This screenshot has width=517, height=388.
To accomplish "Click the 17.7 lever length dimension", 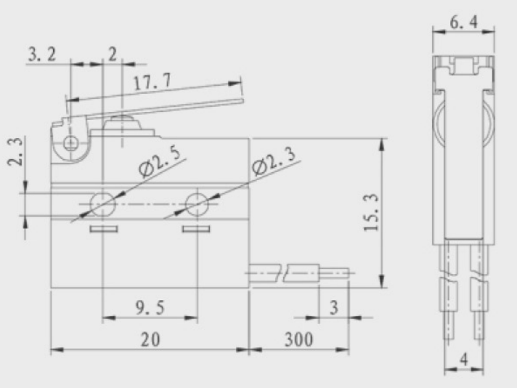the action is (x=152, y=81).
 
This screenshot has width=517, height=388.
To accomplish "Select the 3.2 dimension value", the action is (x=42, y=54).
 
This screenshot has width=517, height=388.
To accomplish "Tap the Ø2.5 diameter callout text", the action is (x=160, y=161).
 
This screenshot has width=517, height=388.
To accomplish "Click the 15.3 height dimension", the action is (x=371, y=213).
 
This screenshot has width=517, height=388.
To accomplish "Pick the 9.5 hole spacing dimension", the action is (x=150, y=308).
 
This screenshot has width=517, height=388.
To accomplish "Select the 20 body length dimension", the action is (x=150, y=339).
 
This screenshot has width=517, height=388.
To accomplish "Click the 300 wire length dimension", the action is (x=298, y=339).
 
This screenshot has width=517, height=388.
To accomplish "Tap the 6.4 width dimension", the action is (x=463, y=23).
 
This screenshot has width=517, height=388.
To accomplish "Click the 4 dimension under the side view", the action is (x=464, y=359).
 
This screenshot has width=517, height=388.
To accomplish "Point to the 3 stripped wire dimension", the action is (x=334, y=307).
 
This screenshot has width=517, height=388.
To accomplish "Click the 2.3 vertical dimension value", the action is (x=15, y=151).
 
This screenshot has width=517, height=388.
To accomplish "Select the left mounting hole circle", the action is (x=103, y=204).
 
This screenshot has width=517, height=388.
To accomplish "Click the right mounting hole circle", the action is (x=198, y=204).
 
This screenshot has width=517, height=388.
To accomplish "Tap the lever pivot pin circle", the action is (x=70, y=143).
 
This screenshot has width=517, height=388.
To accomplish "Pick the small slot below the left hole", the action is (x=104, y=229).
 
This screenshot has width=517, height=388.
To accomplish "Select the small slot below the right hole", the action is (x=196, y=229).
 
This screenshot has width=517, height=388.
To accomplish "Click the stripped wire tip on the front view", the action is (x=334, y=273).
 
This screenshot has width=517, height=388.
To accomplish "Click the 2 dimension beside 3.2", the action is (x=113, y=54).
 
